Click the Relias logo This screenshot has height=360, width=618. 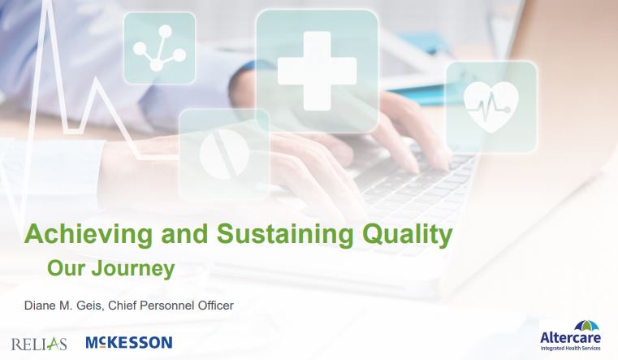tap(39, 342)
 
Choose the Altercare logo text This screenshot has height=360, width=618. tap(572, 337)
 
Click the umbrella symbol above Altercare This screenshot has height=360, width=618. tap(572, 323)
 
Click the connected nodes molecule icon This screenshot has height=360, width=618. tap(159, 48)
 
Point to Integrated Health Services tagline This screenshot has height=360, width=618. tap(572, 348)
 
